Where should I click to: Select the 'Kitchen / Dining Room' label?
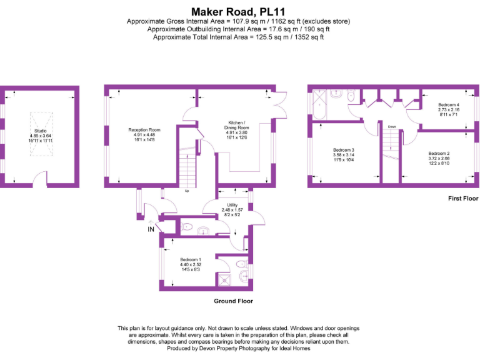pyautogui.click(x=236, y=124)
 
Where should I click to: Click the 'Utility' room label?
pyautogui.click(x=232, y=204)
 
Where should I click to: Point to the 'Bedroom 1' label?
pyautogui.click(x=190, y=259)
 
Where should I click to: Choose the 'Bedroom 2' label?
pyautogui.click(x=439, y=153)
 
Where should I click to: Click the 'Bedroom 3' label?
pyautogui.click(x=344, y=151)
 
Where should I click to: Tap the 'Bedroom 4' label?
pyautogui.click(x=448, y=105)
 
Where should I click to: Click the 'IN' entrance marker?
pyautogui.click(x=151, y=229)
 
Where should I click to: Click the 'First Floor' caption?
pyautogui.click(x=463, y=199)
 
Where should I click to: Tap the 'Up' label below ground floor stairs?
pyautogui.click(x=186, y=191)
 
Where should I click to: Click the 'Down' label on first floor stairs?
pyautogui.click(x=392, y=126)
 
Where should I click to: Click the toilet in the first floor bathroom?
pyautogui.click(x=351, y=97)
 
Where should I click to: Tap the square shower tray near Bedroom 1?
pyautogui.click(x=224, y=279)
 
